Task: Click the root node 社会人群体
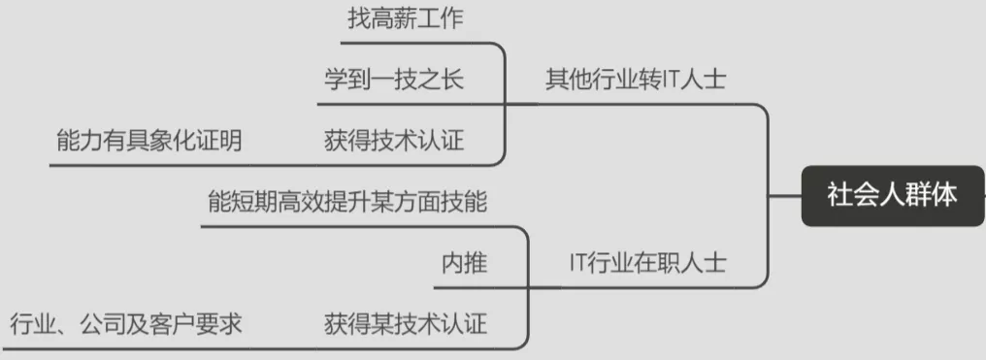[892, 195]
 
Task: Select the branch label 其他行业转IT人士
[635, 79]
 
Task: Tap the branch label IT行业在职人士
[647, 262]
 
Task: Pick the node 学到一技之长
[394, 79]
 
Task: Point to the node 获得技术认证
[394, 141]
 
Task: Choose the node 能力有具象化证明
[148, 141]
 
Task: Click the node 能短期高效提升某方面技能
[347, 202]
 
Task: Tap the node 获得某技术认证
[405, 323]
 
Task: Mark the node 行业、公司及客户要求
[125, 323]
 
